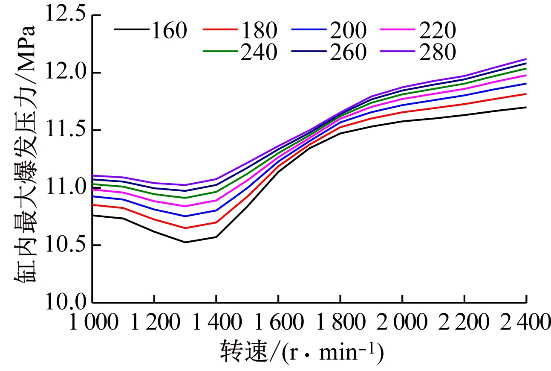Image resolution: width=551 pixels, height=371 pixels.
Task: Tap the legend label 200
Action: coord(348,31)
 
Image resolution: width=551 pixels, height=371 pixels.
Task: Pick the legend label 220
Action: coord(438,31)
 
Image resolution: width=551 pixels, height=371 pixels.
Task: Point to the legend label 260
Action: coord(348,53)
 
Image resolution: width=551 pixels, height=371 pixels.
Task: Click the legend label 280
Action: coord(438,53)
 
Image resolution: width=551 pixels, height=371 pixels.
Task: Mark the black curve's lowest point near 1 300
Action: coord(185,242)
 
